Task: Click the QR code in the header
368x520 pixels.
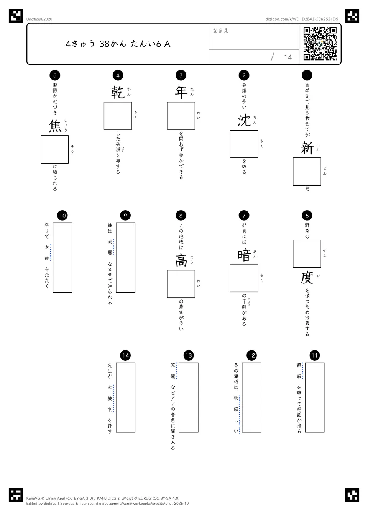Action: (320, 44)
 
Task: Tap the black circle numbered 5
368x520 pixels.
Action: (55, 75)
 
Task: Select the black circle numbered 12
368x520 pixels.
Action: (251, 355)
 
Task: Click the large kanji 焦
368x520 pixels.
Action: (55, 126)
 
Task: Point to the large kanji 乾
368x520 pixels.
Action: (118, 92)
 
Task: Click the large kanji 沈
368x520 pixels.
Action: (244, 121)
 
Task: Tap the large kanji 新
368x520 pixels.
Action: (307, 148)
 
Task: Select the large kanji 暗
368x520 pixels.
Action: (244, 255)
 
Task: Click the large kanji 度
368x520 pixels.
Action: (307, 278)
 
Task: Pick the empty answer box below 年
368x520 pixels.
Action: (181, 116)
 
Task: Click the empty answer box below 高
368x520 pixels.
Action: (181, 284)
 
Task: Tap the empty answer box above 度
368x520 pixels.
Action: (307, 254)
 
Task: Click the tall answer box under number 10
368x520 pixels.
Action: (62, 258)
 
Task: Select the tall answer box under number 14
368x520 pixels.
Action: (125, 397)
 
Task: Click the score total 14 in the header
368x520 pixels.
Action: (288, 57)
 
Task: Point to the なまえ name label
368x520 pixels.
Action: (221, 30)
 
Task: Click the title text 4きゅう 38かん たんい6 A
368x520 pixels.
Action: (118, 44)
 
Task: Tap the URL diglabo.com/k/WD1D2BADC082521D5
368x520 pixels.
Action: (302, 19)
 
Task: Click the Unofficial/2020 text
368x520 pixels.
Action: (39, 19)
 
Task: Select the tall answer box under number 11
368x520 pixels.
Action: (315, 397)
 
